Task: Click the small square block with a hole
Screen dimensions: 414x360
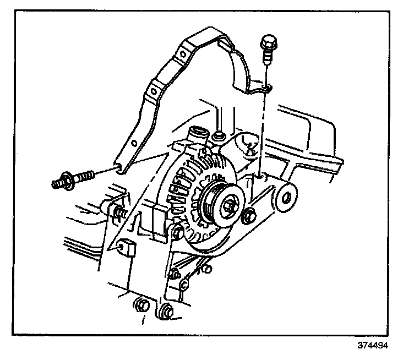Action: (x=126, y=248)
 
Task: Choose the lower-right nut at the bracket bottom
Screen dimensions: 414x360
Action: (x=167, y=311)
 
